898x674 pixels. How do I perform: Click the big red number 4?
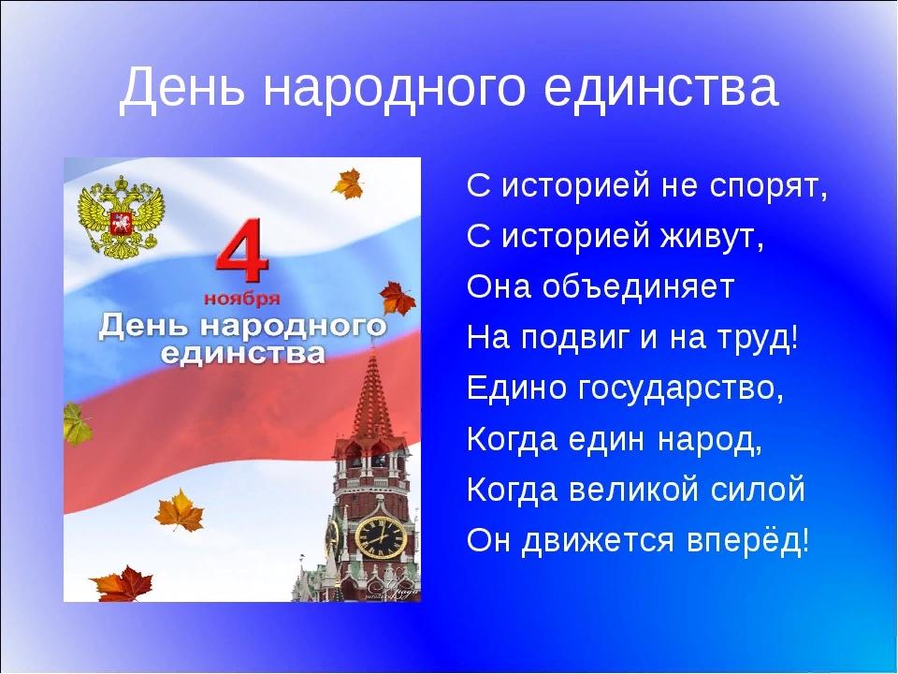pos(242,252)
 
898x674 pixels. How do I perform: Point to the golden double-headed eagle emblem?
pos(121,216)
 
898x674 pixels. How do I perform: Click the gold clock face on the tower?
pos(381,537)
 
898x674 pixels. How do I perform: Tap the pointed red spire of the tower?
pos(373,395)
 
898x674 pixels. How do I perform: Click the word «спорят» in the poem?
pos(768,185)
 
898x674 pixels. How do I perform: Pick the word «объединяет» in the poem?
pos(637,286)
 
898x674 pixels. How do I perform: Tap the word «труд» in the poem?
pos(757,339)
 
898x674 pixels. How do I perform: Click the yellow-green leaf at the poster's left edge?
pos(75,424)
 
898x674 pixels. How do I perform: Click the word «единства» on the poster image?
pos(242,354)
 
